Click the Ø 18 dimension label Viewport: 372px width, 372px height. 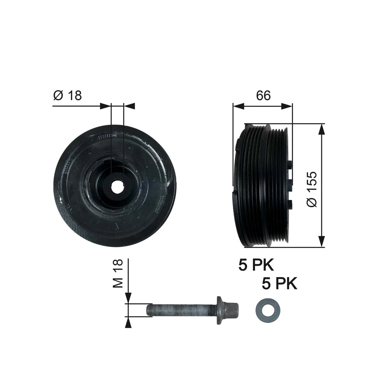67,95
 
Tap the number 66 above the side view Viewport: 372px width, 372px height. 263,95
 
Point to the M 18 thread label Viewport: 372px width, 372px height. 119,274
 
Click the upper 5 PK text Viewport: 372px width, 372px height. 256,265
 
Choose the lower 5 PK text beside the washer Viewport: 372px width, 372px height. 279,284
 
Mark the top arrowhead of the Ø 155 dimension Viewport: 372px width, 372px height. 321,129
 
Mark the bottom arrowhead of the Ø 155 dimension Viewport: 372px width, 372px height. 321,242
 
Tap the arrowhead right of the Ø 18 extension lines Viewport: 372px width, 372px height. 129,105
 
